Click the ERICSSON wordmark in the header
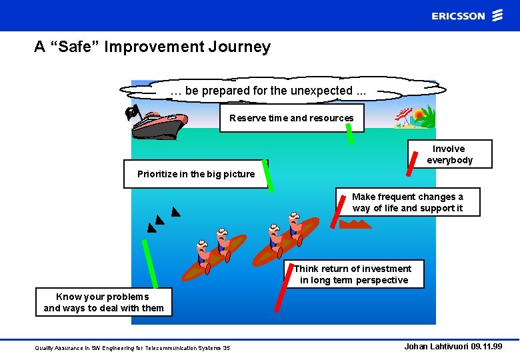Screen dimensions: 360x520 coord(458,16)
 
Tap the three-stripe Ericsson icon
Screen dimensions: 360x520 coord(497,16)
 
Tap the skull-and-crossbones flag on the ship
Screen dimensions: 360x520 coord(132,113)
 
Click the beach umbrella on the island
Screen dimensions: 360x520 coord(402,117)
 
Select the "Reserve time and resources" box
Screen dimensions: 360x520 coord(291,118)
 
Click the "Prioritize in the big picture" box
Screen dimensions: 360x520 coord(195,174)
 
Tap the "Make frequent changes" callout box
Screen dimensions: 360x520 coord(407,202)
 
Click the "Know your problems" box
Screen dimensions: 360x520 coord(103,302)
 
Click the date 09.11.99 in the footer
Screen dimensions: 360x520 coord(483,347)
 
